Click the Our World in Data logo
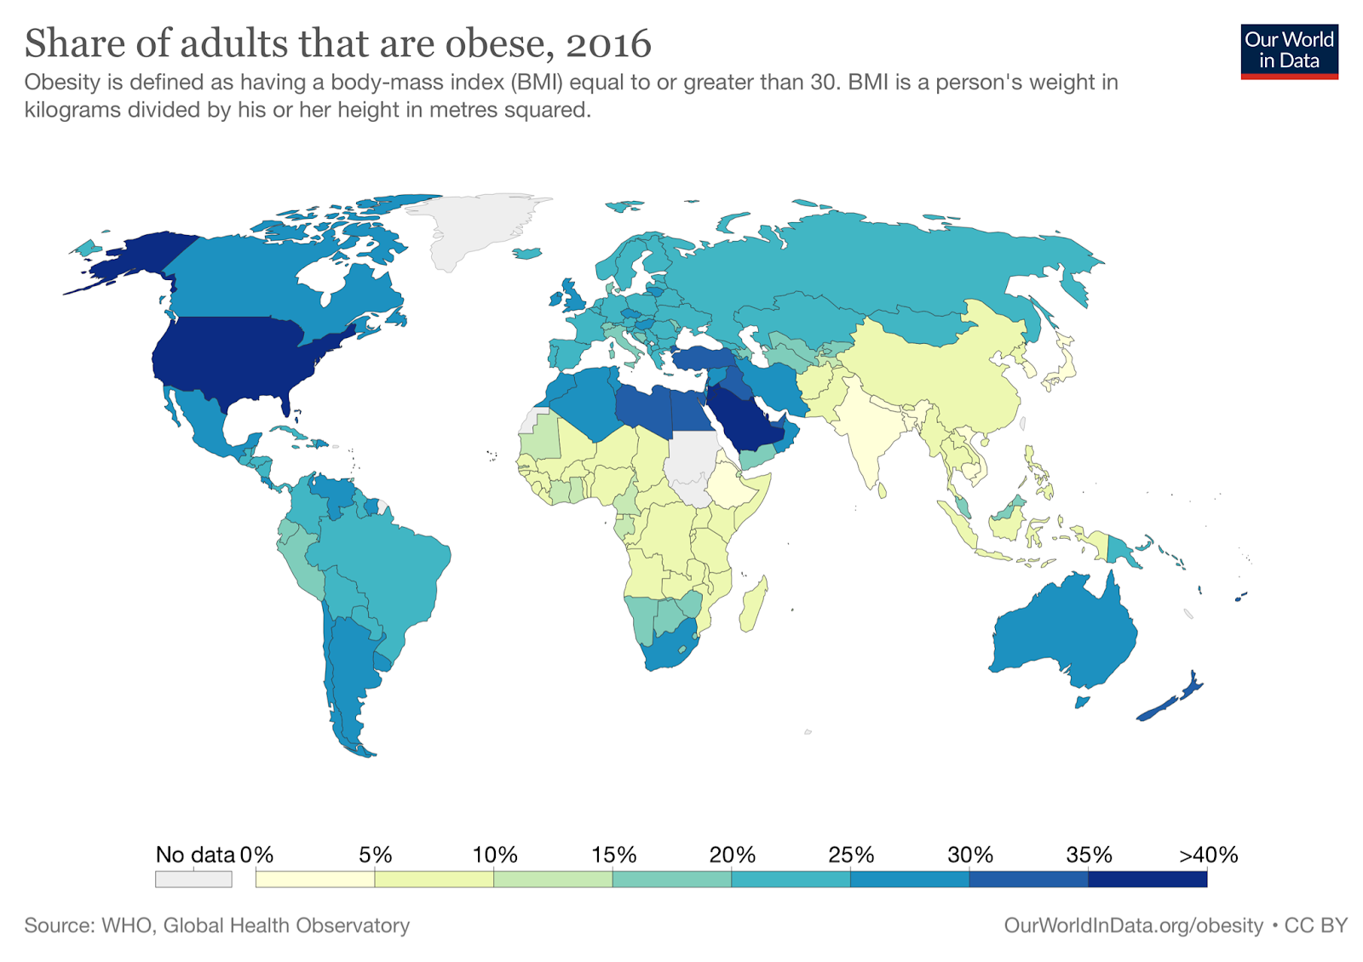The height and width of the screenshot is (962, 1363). (x=1289, y=51)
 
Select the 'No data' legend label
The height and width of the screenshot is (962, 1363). (x=195, y=855)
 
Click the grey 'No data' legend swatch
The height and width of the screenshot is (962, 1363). (x=193, y=879)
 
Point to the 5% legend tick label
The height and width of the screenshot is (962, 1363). (x=375, y=855)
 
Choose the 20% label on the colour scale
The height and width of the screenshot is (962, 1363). (x=732, y=855)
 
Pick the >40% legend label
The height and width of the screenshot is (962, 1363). (x=1208, y=855)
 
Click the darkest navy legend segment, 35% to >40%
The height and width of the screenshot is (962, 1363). (x=1147, y=879)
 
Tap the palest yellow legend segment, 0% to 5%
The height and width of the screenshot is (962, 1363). (x=315, y=879)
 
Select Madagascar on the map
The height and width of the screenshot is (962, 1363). (x=754, y=605)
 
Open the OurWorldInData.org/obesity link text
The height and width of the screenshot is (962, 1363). (x=1133, y=925)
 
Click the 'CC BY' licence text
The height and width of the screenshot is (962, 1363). (x=1316, y=925)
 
